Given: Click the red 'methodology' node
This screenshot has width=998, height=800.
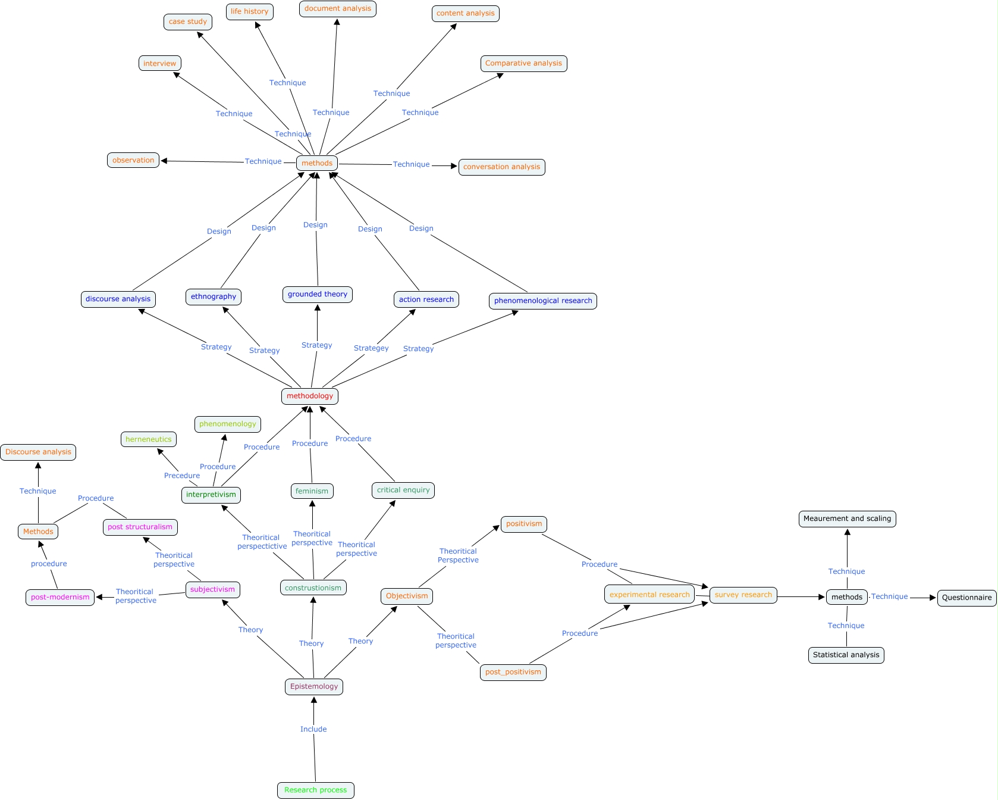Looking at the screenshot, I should tap(310, 396).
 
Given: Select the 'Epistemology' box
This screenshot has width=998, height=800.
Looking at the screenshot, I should tap(314, 686).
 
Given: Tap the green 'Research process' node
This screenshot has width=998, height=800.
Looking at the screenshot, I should tap(315, 790).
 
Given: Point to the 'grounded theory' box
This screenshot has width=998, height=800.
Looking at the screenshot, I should tap(318, 294).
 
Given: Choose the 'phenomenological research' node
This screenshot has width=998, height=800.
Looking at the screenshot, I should tap(543, 301).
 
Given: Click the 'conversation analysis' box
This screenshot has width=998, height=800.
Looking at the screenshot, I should tap(501, 167).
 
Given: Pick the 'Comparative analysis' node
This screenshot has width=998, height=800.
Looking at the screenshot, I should tap(523, 63).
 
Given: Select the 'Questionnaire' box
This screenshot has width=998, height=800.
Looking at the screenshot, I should tap(966, 598).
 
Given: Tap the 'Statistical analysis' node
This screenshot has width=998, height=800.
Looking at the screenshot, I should tap(846, 655).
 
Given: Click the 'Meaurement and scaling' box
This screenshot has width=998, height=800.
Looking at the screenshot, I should tap(847, 518).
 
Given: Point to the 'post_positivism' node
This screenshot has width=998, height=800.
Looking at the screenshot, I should tap(513, 672).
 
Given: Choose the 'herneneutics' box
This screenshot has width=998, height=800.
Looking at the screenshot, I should tap(149, 439).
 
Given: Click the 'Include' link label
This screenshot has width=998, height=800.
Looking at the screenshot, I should tap(313, 729).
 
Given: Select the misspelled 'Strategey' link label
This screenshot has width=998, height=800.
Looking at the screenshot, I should tap(371, 348).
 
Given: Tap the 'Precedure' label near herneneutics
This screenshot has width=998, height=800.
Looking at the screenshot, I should tap(182, 476).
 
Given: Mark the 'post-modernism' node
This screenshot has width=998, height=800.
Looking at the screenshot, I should tap(60, 597).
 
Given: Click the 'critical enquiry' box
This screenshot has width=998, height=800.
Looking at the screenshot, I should tap(403, 490).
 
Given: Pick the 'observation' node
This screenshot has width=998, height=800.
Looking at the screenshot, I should tap(133, 160).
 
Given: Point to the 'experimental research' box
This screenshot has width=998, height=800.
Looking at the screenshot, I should tap(649, 594).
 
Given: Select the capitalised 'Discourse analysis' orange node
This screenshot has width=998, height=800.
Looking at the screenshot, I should tap(38, 452).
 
